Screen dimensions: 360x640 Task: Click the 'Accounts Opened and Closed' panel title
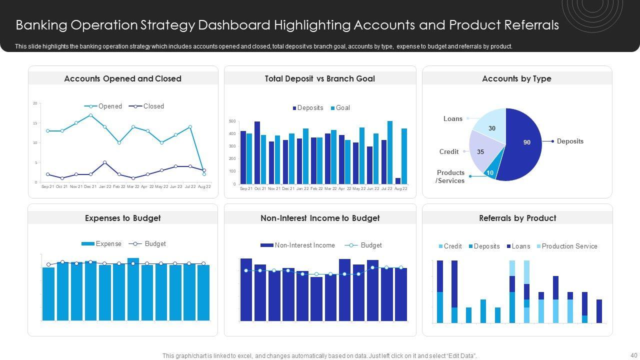(x=122, y=78)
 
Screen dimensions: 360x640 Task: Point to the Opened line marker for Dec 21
(x=90, y=115)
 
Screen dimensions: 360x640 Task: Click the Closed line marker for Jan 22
(x=104, y=162)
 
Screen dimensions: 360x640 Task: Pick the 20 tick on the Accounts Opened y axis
(x=35, y=103)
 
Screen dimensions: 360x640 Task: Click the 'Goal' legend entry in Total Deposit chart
(x=342, y=107)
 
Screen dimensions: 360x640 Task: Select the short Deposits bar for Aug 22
(x=398, y=181)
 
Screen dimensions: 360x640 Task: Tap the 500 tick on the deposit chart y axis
(x=232, y=121)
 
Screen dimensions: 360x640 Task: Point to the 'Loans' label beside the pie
(x=452, y=118)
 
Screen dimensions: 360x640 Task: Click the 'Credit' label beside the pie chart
(x=448, y=151)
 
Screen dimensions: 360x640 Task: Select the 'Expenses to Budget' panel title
(x=122, y=218)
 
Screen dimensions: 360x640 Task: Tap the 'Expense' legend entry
(x=108, y=244)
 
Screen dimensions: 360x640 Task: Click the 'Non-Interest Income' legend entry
(x=304, y=245)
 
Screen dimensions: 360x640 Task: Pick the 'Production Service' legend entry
(x=569, y=246)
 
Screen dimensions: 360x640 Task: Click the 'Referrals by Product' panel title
(x=517, y=218)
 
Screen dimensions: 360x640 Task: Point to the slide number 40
(x=634, y=355)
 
